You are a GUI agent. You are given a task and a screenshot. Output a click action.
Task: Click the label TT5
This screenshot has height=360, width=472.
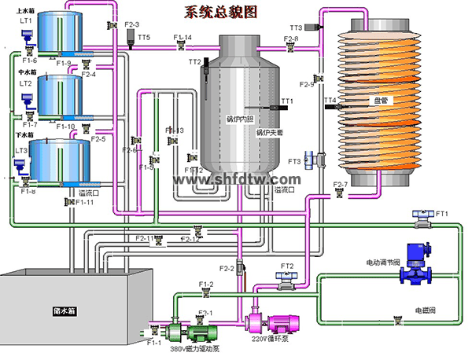(143, 38)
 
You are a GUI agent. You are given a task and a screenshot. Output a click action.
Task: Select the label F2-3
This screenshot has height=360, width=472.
(132, 25)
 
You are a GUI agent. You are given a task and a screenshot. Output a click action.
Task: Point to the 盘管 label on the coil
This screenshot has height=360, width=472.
(374, 101)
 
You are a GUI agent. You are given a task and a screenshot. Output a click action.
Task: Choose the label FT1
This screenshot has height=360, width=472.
(441, 214)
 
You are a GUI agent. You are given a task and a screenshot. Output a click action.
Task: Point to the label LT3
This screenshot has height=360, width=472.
(22, 150)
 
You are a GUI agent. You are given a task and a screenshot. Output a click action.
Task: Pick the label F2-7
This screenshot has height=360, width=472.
(341, 185)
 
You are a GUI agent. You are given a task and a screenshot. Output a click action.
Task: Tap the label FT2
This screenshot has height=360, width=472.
(287, 266)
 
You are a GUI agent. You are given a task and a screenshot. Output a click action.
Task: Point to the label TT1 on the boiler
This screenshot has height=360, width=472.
(286, 101)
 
